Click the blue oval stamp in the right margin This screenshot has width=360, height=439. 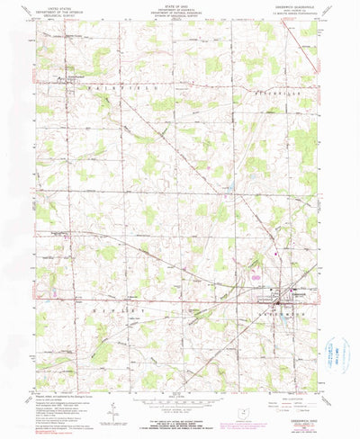(x=337, y=349)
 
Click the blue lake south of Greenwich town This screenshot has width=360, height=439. (x=286, y=316)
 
